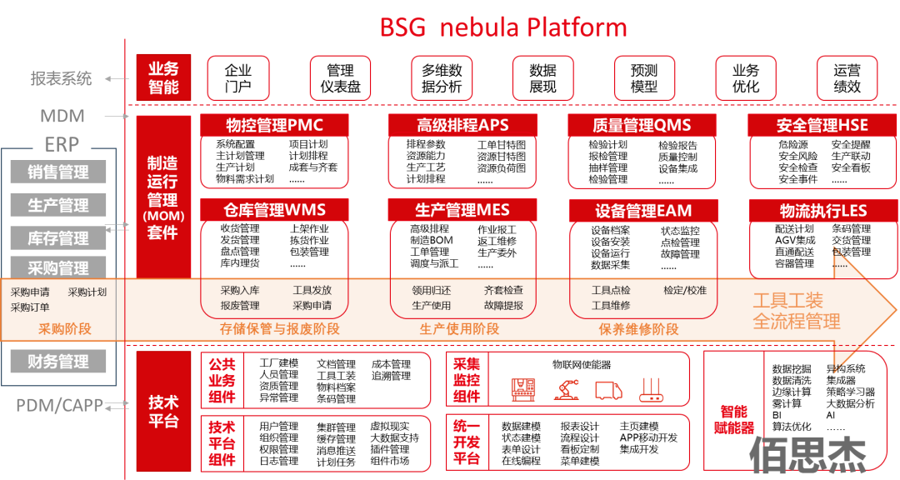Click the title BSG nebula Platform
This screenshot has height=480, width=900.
pyautogui.click(x=503, y=27)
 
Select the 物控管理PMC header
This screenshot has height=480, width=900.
pyautogui.click(x=274, y=126)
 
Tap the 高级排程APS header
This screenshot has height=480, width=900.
pyautogui.click(x=462, y=126)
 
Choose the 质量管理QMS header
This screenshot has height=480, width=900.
pyautogui.click(x=642, y=126)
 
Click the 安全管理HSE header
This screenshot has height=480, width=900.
pyautogui.click(x=822, y=126)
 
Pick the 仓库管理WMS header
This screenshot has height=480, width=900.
pyautogui.click(x=274, y=211)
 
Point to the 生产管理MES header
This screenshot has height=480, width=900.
pyautogui.click(x=462, y=211)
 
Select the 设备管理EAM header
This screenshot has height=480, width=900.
pyautogui.click(x=642, y=211)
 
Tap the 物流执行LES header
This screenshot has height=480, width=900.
pyautogui.click(x=822, y=211)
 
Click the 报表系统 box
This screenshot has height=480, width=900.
pyautogui.click(x=61, y=78)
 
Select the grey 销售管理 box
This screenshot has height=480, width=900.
pyautogui.click(x=58, y=172)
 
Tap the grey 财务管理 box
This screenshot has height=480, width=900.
pyautogui.click(x=58, y=362)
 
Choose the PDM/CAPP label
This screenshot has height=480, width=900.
pyautogui.click(x=59, y=406)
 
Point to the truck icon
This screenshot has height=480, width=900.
pyautogui.click(x=608, y=389)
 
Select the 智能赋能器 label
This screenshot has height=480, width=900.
pyautogui.click(x=734, y=420)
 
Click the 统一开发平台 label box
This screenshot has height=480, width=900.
pyautogui.click(x=467, y=442)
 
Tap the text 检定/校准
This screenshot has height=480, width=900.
pyautogui.click(x=685, y=290)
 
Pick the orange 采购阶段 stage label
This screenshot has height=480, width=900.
pyautogui.click(x=65, y=329)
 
